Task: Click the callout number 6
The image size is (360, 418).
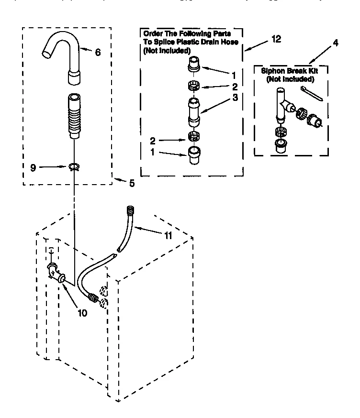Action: pyautogui.click(x=98, y=52)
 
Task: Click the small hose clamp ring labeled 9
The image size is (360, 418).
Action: pyautogui.click(x=73, y=167)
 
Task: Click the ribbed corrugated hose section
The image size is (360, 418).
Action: pyautogui.click(x=74, y=118)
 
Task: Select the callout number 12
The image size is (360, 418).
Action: pyautogui.click(x=276, y=40)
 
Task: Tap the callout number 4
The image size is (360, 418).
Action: pyautogui.click(x=335, y=43)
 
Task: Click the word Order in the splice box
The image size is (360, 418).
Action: pyautogui.click(x=153, y=33)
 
